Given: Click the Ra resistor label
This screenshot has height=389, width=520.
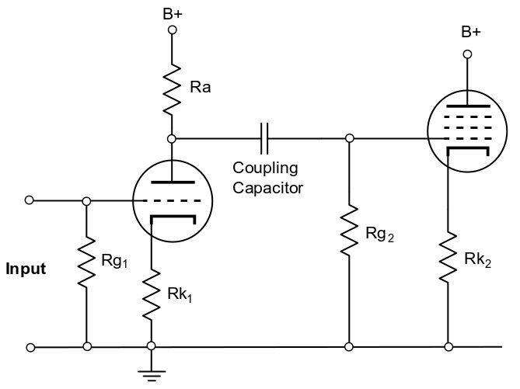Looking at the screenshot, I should pyautogui.click(x=200, y=87).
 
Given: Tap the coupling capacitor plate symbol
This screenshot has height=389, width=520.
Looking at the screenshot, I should pyautogui.click(x=266, y=138).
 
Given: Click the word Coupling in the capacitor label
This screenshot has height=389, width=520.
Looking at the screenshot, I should pyautogui.click(x=265, y=168).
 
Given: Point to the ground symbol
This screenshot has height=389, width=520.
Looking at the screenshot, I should pyautogui.click(x=151, y=373).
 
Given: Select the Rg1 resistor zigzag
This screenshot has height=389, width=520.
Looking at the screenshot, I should pyautogui.click(x=86, y=264).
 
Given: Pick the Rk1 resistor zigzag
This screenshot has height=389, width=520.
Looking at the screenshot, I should pyautogui.click(x=151, y=293).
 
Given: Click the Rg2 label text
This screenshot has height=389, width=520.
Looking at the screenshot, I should pyautogui.click(x=380, y=233).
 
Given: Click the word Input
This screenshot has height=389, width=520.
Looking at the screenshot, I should pyautogui.click(x=26, y=269).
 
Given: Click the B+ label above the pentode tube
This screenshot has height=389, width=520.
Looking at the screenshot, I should pyautogui.click(x=470, y=32).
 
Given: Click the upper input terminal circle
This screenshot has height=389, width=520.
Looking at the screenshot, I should pyautogui.click(x=30, y=200).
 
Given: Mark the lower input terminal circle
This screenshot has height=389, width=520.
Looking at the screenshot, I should pyautogui.click(x=30, y=346).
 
